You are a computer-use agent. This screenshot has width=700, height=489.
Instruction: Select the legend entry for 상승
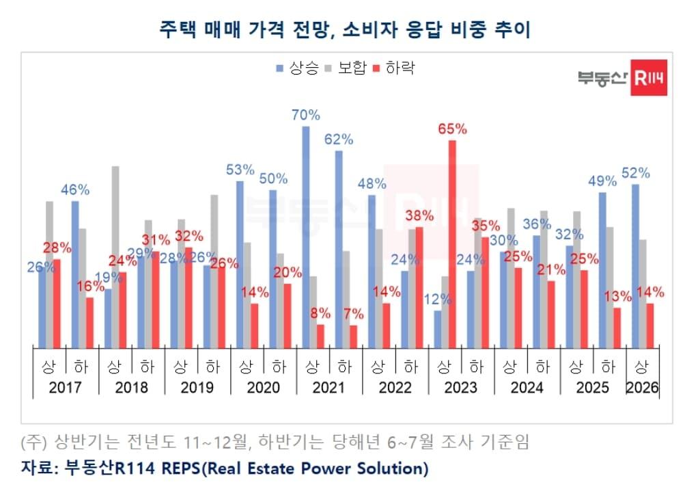pos(298,68)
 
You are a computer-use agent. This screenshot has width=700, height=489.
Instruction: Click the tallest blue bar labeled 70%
pos(306,236)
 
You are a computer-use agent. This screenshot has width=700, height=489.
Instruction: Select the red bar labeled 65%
pos(452,243)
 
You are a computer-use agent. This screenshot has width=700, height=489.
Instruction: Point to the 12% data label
pos(437,299)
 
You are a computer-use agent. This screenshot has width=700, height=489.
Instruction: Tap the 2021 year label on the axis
pos(329,388)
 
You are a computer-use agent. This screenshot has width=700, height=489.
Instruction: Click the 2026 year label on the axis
pos(643,388)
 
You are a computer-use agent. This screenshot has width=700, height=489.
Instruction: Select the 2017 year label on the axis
pos(66,388)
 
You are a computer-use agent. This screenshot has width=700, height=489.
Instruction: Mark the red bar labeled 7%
pos(353,336)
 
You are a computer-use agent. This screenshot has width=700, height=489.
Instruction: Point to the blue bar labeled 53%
pos(240,263)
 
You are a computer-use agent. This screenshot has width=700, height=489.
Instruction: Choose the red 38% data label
pos(419,215)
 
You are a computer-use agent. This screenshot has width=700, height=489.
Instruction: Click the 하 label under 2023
pos(477,367)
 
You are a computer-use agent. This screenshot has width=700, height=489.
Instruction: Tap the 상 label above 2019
pos(180,367)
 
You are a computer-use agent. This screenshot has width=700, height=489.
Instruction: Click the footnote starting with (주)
pos(275,442)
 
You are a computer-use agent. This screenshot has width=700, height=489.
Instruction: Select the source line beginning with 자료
pos(225,468)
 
